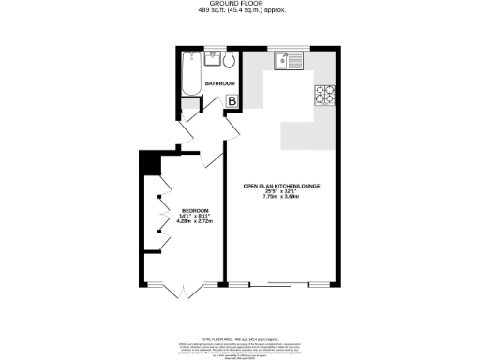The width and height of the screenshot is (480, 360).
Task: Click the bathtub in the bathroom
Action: tap(189, 74)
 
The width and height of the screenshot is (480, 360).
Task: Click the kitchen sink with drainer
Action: tap(286, 62)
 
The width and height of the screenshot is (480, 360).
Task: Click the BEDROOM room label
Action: tap(196, 210)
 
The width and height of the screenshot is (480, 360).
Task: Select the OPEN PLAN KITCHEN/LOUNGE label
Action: tap(282, 186)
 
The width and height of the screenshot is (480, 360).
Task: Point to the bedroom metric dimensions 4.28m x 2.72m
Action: tap(196, 221)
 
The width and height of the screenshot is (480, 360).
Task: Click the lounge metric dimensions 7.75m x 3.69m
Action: tap(282, 197)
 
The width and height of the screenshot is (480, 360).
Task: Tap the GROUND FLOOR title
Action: tap(240, 4)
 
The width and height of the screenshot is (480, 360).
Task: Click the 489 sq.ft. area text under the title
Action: tap(240, 10)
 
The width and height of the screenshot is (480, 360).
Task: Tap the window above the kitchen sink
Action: tap(285, 48)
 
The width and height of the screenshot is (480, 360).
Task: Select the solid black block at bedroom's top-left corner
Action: tap(146, 161)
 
